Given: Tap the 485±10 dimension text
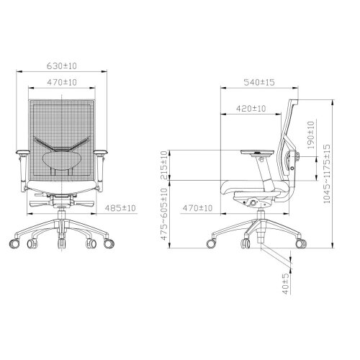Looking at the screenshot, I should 120,208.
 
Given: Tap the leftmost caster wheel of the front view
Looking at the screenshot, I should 16,243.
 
